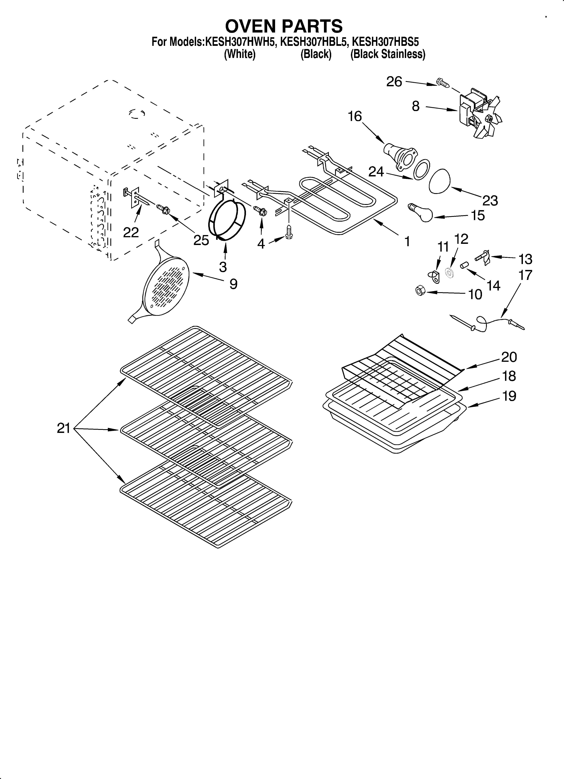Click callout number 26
(x=394, y=82)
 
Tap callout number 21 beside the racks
(x=64, y=428)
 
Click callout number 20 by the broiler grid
(x=509, y=357)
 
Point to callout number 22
(x=131, y=233)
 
